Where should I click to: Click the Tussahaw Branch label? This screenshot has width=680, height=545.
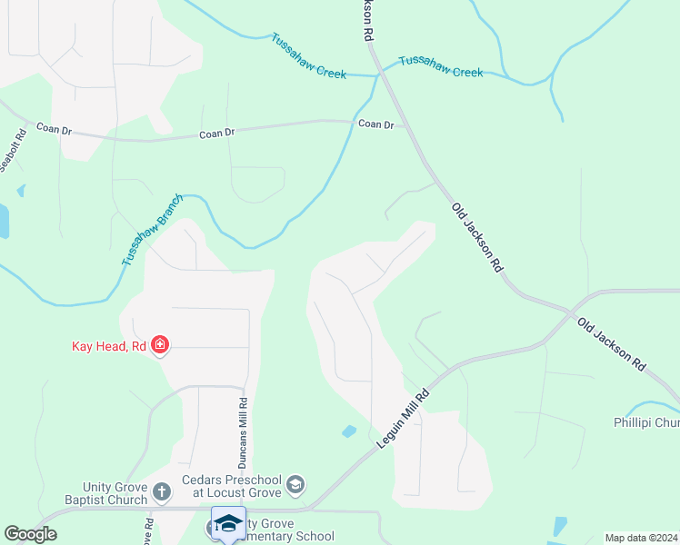[x=154, y=230]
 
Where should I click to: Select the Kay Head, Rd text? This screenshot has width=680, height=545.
[x=109, y=345]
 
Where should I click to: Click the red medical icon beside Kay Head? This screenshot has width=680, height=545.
[x=160, y=345]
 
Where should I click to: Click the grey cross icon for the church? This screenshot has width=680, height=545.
[x=161, y=492]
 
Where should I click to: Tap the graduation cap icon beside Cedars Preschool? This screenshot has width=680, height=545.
[x=295, y=485]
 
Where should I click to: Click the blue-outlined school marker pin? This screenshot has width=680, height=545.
[x=228, y=524]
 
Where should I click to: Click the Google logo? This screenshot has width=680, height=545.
[x=30, y=534]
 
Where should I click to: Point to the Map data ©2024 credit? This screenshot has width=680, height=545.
[x=641, y=538]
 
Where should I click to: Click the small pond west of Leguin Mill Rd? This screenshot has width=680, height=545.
[x=349, y=431]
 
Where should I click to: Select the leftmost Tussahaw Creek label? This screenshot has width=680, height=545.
[x=308, y=56]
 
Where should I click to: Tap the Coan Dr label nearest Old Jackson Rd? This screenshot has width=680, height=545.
[x=376, y=124]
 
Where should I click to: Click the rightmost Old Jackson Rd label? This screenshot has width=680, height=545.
[x=612, y=343]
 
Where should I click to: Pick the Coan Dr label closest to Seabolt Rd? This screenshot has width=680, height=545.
[x=54, y=130]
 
